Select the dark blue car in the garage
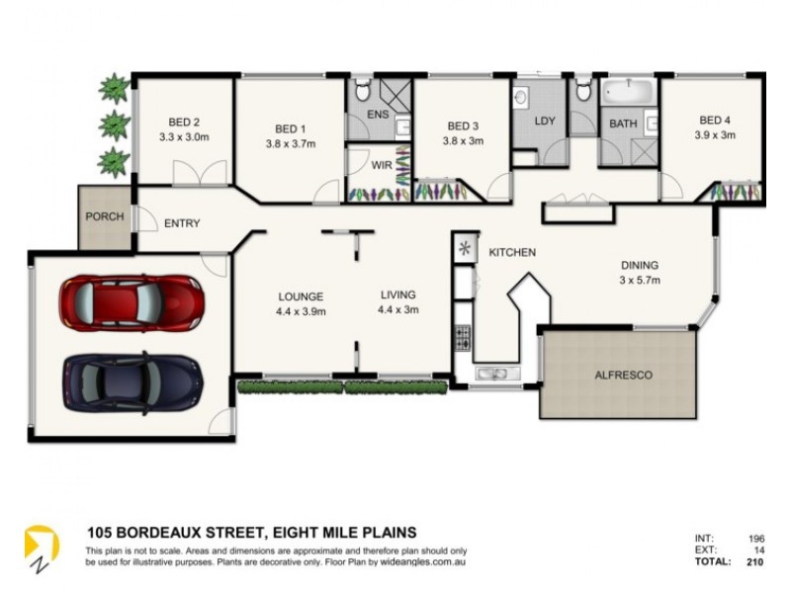(x=132, y=380)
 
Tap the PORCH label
(x=104, y=216)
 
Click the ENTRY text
(x=182, y=223)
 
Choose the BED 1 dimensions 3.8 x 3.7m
(x=290, y=143)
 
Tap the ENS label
(x=378, y=116)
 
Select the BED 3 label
(x=463, y=126)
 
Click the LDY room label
(x=544, y=122)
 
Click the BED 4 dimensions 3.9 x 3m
(x=714, y=135)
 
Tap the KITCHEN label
(x=512, y=253)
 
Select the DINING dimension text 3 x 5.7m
(x=639, y=281)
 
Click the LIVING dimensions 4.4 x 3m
(x=395, y=310)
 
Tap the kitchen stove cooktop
(x=462, y=337)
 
